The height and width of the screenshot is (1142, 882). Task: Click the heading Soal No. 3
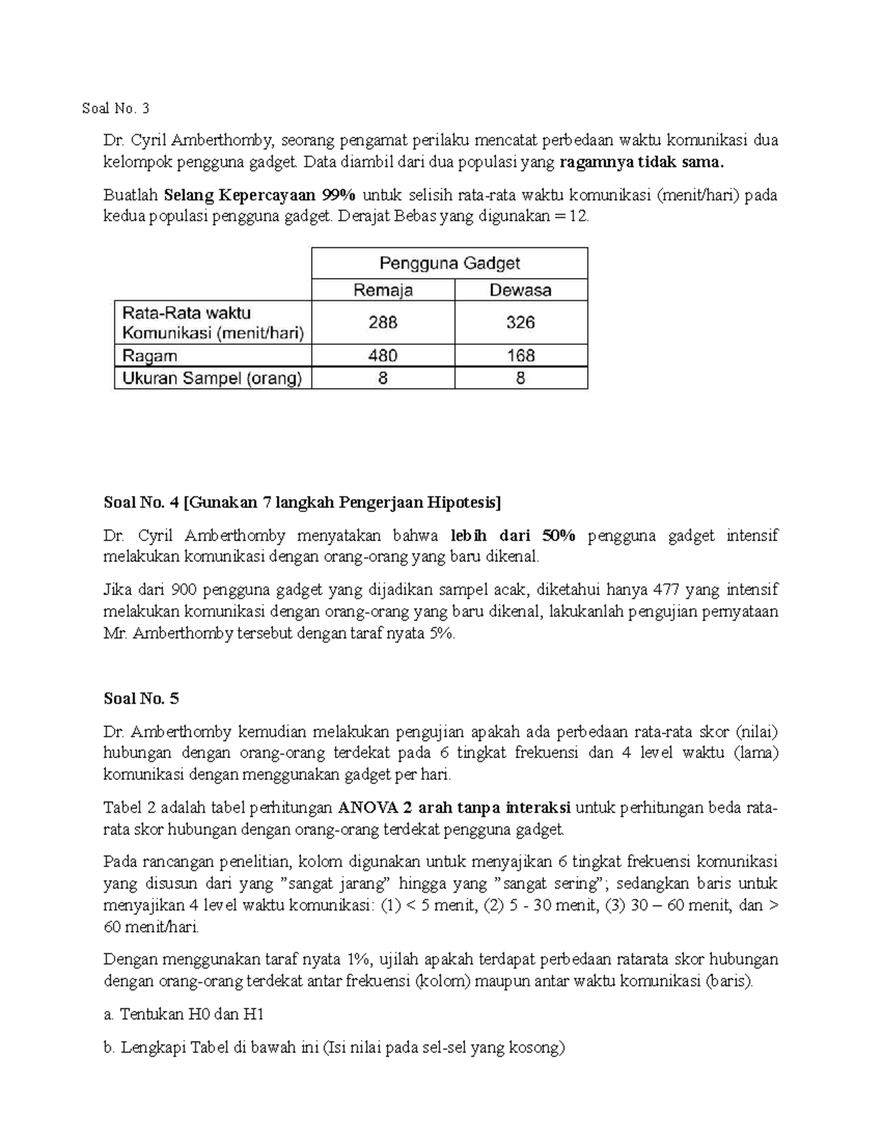[115, 109]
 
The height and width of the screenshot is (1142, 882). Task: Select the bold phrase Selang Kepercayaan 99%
[259, 196]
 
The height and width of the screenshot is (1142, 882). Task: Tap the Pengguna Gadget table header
[449, 263]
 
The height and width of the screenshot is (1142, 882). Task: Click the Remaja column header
[383, 290]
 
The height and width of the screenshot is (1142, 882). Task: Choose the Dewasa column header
[520, 290]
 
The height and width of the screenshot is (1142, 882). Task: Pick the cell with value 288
[383, 322]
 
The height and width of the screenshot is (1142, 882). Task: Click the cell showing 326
[520, 322]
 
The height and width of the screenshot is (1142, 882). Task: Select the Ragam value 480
[383, 356]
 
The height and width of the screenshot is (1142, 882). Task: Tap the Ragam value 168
[520, 356]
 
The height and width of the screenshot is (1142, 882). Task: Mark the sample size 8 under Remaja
[383, 379]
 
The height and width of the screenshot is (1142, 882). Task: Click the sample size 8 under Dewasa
[520, 379]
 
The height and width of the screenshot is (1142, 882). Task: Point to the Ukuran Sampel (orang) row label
[212, 379]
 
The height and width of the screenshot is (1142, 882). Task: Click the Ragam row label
[150, 356]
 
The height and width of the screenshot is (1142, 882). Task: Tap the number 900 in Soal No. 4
[183, 590]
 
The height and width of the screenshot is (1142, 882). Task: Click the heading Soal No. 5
[141, 699]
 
